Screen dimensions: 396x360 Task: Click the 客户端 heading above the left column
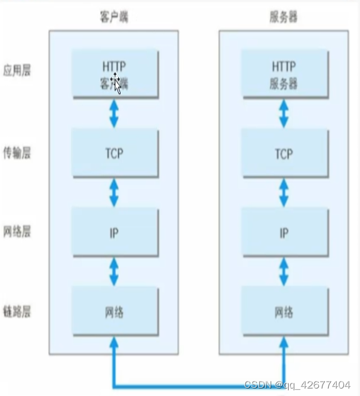click(114, 17)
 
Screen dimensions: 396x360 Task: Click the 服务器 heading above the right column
click(284, 17)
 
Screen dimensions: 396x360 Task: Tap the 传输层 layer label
click(17, 153)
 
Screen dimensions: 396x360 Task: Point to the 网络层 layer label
click(17, 231)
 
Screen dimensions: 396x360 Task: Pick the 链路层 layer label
click(17, 312)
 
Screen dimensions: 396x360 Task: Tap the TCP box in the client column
click(114, 153)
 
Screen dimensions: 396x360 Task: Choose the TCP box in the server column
click(284, 153)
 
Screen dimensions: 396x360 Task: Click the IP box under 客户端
click(114, 233)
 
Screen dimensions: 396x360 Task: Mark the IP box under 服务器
click(284, 233)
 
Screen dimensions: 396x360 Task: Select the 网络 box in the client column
click(114, 311)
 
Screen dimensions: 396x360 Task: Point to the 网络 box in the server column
click(284, 311)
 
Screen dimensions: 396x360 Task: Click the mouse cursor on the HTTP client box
click(116, 82)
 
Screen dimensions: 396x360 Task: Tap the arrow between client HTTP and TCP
click(114, 113)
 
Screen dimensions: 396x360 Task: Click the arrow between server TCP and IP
click(284, 193)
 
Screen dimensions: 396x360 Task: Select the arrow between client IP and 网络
click(114, 272)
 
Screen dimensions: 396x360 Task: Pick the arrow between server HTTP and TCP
click(284, 113)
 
